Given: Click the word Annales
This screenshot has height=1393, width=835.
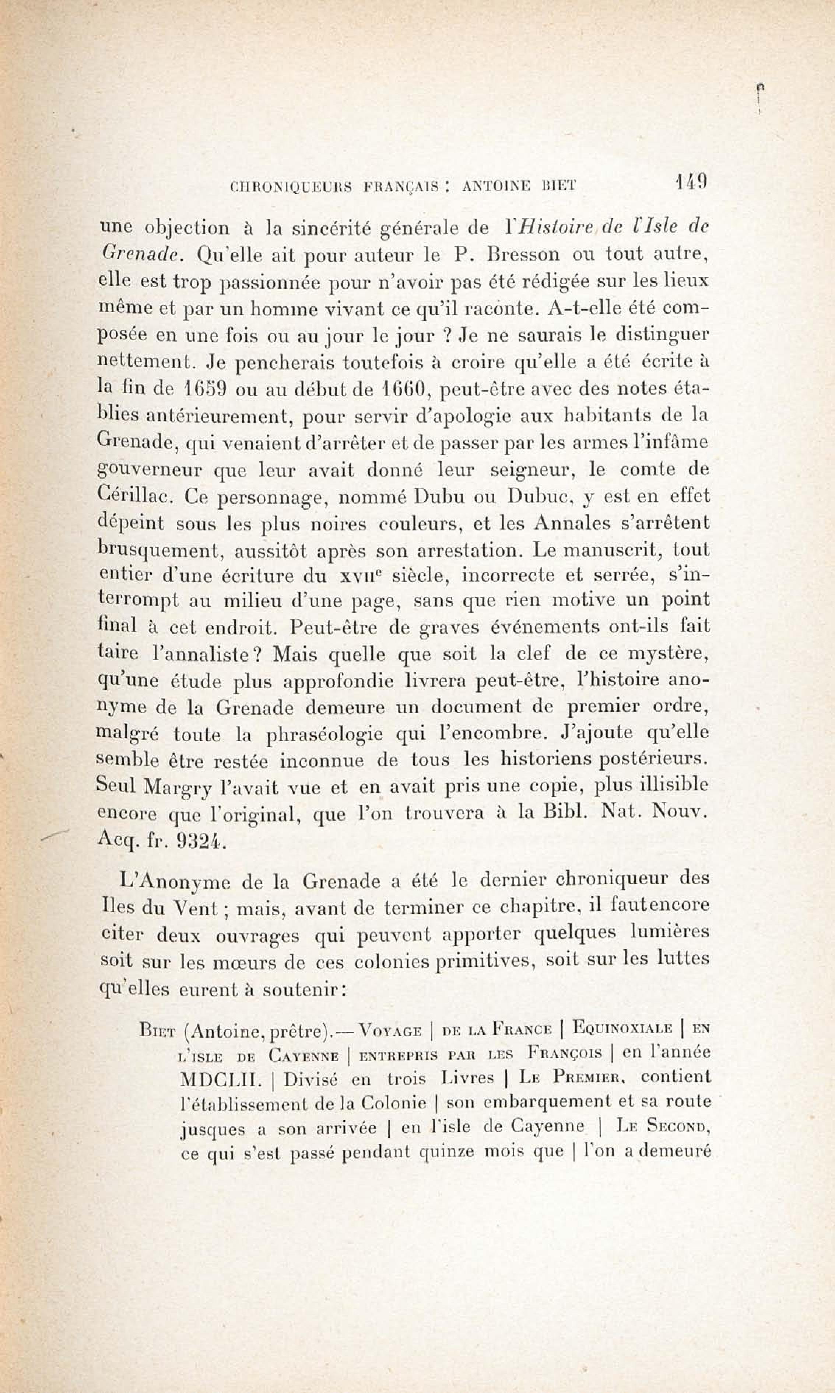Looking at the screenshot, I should (570, 523).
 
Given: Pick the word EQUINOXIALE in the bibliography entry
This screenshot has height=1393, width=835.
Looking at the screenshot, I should (622, 1028).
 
